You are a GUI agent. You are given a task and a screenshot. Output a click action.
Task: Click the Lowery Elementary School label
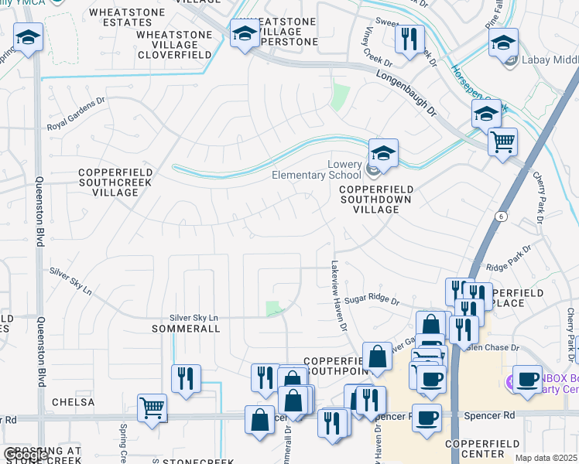(317, 169)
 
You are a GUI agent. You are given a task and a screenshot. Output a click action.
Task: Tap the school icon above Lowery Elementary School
(382, 152)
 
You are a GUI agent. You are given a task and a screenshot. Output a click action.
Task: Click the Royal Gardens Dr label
(75, 114)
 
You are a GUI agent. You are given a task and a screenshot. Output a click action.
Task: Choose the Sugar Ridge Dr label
(372, 299)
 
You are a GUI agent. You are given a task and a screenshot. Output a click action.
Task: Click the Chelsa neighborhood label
(73, 402)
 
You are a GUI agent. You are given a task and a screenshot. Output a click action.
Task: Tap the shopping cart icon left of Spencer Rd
(152, 407)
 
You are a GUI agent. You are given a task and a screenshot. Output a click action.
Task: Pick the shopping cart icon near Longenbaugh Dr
(502, 142)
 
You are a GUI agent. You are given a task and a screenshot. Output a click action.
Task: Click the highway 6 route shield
(502, 217)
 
